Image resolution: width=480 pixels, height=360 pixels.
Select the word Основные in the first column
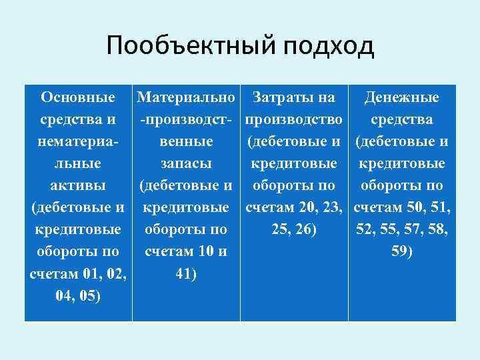pyautogui.click(x=78, y=98)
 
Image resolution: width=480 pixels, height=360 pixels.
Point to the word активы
pyautogui.click(x=78, y=185)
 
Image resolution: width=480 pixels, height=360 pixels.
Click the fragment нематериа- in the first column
pyautogui.click(x=78, y=142)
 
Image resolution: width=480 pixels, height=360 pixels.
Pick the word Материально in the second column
pyautogui.click(x=186, y=98)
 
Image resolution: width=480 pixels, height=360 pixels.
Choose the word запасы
pyautogui.click(x=186, y=164)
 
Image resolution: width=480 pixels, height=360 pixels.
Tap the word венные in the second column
pyautogui.click(x=186, y=142)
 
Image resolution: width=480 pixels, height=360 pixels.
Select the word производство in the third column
pyautogui.click(x=294, y=120)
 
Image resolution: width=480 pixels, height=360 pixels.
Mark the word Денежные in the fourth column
pyautogui.click(x=401, y=98)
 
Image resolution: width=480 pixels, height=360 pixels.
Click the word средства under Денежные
pyautogui.click(x=401, y=120)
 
